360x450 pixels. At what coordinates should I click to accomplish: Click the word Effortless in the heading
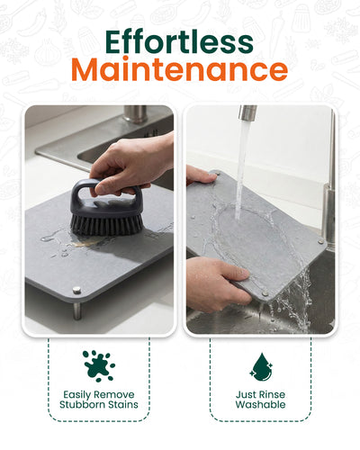(x=179, y=41)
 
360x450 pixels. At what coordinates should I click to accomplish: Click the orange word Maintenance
(x=179, y=70)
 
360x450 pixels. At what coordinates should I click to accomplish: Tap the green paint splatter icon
(x=99, y=365)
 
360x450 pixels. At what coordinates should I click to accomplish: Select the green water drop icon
(x=261, y=367)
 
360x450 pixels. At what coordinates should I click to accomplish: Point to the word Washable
(x=260, y=404)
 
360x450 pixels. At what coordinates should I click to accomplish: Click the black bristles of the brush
(x=106, y=224)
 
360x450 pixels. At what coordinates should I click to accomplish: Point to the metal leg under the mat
(x=77, y=310)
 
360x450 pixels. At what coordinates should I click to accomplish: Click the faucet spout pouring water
(x=247, y=112)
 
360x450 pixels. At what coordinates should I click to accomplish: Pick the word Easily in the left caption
(x=75, y=394)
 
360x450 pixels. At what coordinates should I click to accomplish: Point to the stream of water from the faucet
(x=242, y=169)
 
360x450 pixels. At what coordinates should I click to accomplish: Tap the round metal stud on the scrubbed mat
(x=76, y=290)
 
